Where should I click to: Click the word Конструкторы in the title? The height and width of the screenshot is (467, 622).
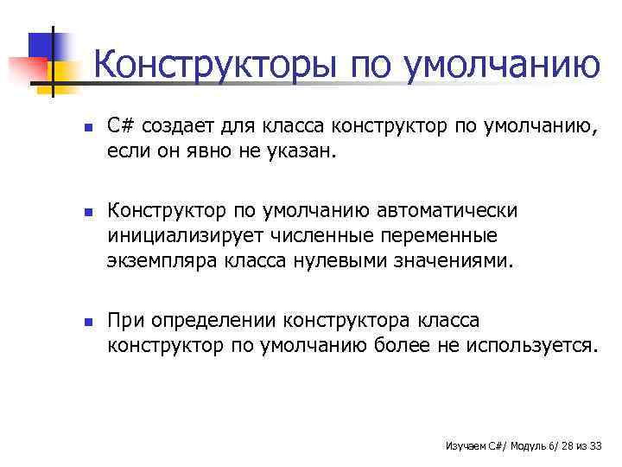pos(215,66)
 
